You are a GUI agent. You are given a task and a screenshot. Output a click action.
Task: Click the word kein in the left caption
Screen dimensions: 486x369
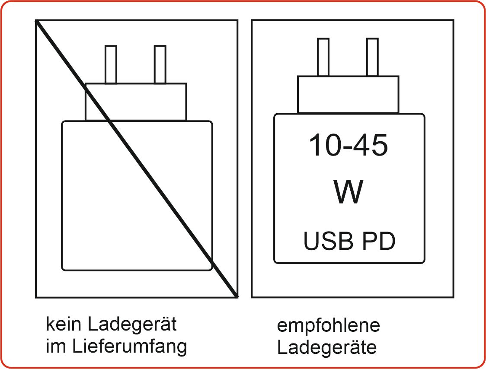64,324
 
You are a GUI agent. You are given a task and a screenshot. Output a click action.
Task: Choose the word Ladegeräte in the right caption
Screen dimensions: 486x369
327,348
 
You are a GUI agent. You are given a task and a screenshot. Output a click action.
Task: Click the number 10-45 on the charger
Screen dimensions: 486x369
349,145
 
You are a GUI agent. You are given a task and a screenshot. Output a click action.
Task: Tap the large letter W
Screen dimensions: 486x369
349,192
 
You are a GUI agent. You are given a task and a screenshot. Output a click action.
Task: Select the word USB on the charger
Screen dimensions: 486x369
329,242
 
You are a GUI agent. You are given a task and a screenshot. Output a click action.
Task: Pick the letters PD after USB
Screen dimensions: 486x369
379,242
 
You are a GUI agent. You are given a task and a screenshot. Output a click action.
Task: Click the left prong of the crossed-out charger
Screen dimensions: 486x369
111,64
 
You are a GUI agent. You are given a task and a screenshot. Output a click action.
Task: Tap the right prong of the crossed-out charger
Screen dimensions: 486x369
160,64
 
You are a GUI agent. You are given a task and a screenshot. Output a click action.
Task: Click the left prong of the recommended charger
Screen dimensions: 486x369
323,57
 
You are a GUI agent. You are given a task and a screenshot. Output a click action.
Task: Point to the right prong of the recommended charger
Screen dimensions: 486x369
372,57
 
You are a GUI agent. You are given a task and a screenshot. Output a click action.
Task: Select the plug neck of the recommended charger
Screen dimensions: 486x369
348,95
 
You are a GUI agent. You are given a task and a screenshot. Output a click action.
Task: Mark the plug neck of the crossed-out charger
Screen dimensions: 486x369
136,102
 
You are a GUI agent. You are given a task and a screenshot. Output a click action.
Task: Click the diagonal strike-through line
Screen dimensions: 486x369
137,159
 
